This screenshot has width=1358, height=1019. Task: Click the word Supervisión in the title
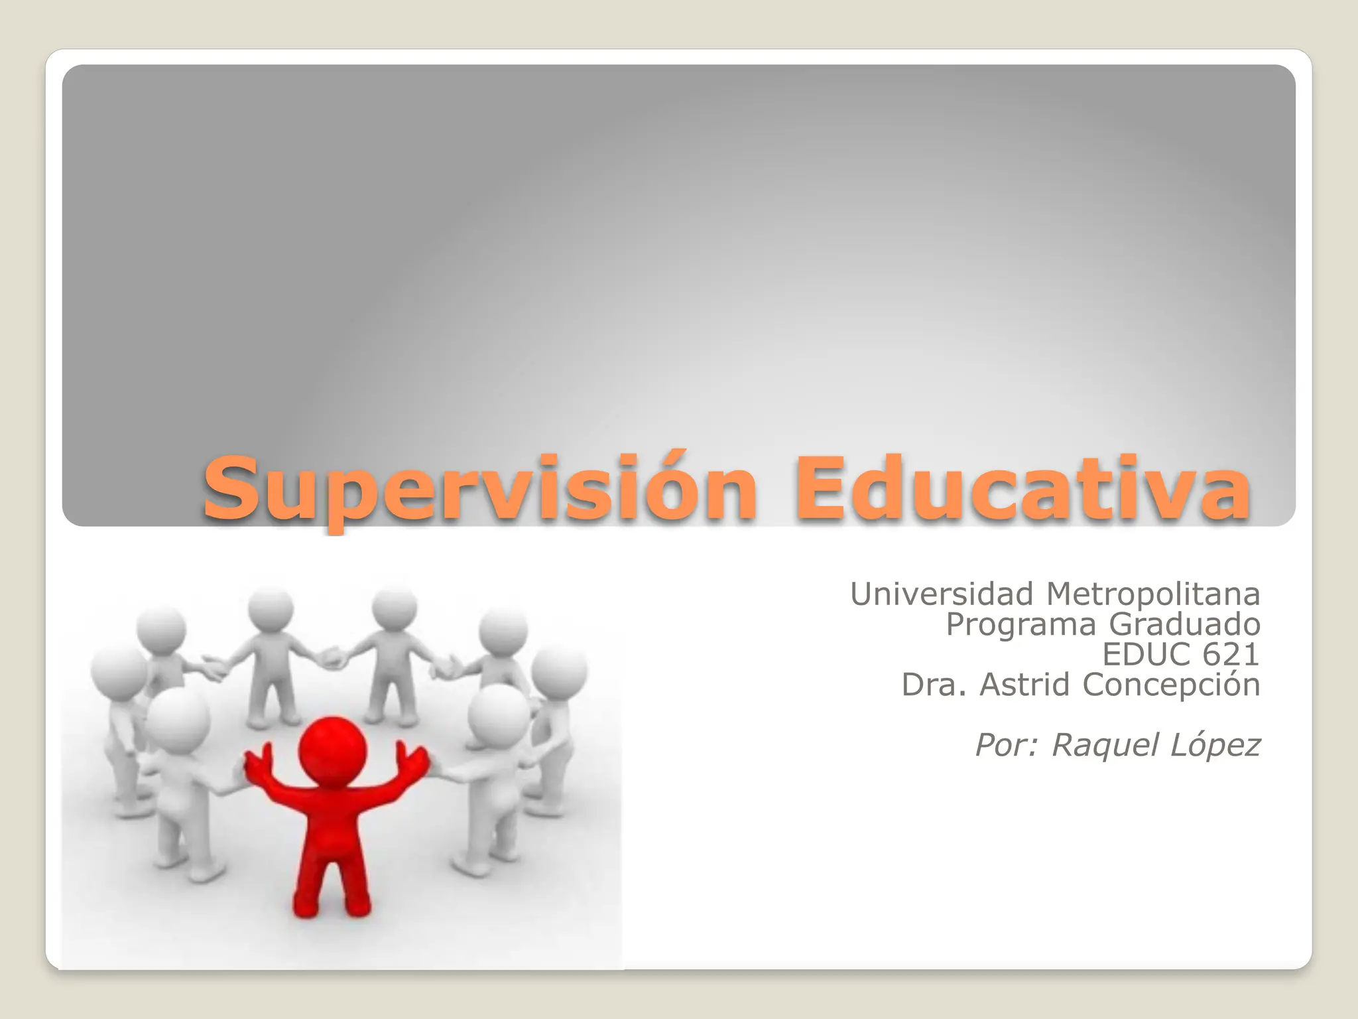coord(479,490)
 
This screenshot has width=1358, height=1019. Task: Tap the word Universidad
coord(942,594)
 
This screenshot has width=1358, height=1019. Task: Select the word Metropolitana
coord(1153,594)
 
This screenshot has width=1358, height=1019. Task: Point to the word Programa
coord(1021,625)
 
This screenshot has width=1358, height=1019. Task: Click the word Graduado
coord(1184,624)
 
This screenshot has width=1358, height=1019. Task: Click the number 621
coord(1231,655)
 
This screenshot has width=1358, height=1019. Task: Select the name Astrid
coord(1024,685)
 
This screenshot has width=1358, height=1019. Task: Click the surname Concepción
coord(1171,685)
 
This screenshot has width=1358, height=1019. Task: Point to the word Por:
coord(1007,745)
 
